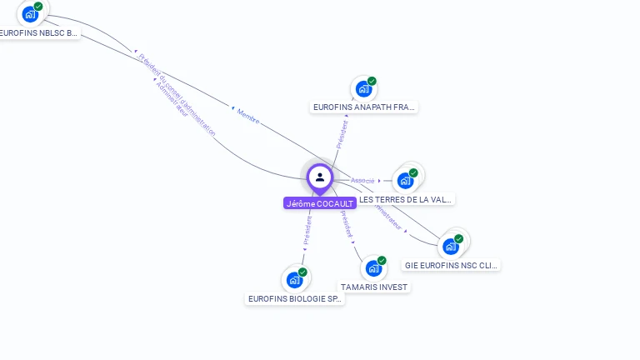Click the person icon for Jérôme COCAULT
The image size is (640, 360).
click(320, 177)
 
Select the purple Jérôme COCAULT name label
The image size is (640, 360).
click(320, 203)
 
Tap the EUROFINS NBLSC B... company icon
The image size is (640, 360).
click(32, 14)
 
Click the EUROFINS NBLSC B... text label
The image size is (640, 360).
click(38, 33)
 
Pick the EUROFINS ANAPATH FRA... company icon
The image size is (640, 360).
click(363, 88)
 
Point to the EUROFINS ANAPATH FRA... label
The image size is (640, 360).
click(364, 107)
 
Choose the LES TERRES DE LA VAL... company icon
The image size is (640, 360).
click(406, 180)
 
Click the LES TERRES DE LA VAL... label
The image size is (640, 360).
click(406, 200)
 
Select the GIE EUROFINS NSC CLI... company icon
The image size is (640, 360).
click(451, 246)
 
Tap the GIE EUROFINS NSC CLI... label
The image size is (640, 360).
click(451, 266)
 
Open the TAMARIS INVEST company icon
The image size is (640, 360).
click(373, 267)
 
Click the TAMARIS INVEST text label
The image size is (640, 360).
click(374, 287)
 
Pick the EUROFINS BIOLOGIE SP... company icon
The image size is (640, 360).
click(294, 279)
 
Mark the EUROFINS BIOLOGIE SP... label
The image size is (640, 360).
click(295, 298)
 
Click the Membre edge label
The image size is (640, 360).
click(248, 116)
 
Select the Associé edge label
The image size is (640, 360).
click(362, 180)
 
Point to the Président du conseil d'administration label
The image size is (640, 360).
click(177, 95)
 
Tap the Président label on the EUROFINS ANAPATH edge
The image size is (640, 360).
click(342, 134)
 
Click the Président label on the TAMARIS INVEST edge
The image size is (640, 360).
click(347, 224)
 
